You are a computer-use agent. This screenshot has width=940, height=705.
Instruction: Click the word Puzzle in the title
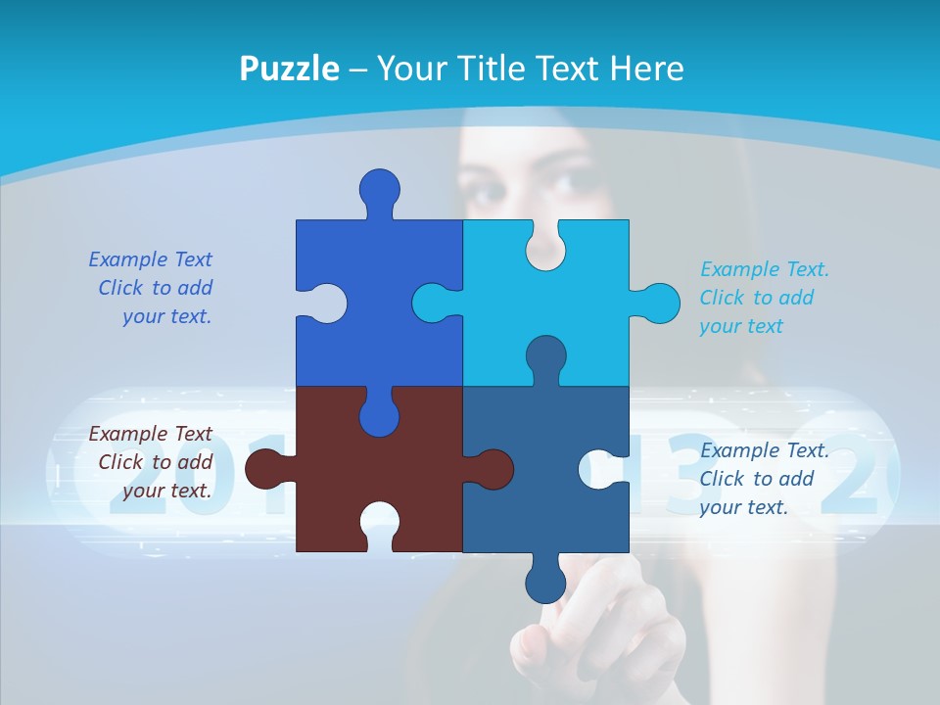tap(289, 69)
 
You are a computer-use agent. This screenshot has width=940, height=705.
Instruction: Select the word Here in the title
tap(645, 69)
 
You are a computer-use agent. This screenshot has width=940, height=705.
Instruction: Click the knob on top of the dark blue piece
tap(380, 188)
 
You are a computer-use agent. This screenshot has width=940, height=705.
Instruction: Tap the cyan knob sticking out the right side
tap(659, 304)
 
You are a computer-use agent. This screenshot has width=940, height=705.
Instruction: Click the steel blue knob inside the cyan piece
tap(545, 356)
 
